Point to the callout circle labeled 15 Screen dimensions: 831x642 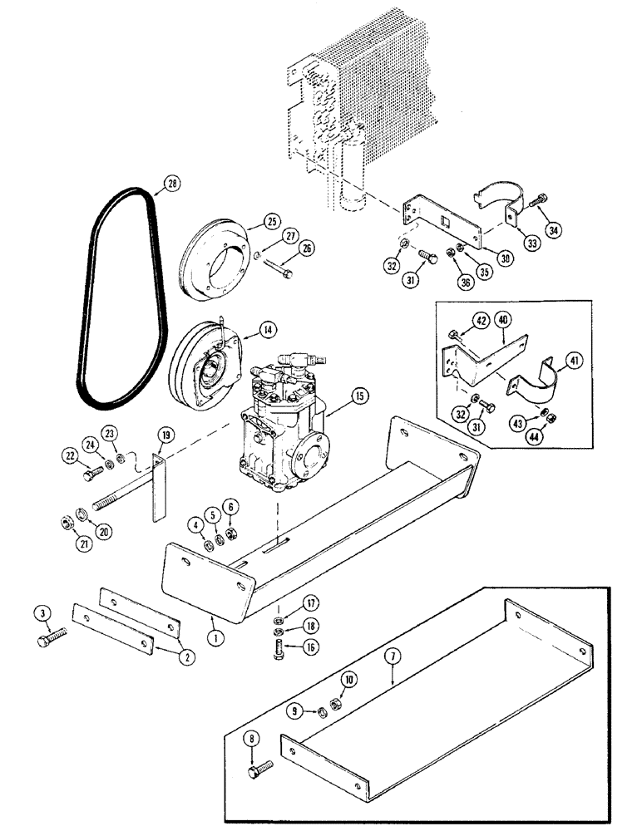(358, 397)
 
